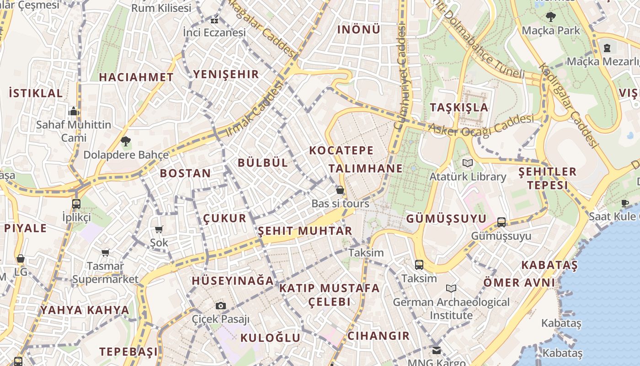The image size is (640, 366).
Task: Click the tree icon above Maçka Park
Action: tap(550, 17)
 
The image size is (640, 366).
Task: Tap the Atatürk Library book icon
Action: tap(467, 163)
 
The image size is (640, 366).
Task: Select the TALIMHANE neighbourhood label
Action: tap(366, 168)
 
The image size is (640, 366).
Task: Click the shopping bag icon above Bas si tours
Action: tap(340, 190)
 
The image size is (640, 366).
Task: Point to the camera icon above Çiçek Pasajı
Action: tap(221, 306)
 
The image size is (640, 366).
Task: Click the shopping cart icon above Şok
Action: tap(159, 229)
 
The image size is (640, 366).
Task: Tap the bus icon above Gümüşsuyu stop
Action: tap(501, 222)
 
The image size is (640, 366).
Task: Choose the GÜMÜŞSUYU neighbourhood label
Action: tap(446, 219)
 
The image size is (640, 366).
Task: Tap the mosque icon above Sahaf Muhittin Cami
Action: tap(73, 111)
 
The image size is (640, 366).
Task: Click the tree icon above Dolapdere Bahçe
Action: tap(126, 141)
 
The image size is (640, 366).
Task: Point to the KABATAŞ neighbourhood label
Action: tap(549, 265)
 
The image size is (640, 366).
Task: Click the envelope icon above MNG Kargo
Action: tap(437, 350)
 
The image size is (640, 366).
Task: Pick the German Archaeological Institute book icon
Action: tap(451, 288)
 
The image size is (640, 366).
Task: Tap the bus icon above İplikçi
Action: tap(76, 204)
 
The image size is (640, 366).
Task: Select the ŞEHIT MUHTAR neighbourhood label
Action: tap(305, 231)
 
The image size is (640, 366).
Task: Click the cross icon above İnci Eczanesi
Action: tap(214, 20)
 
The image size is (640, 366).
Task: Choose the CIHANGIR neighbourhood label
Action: tap(379, 336)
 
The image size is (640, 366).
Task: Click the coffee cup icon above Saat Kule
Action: tap(625, 203)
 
